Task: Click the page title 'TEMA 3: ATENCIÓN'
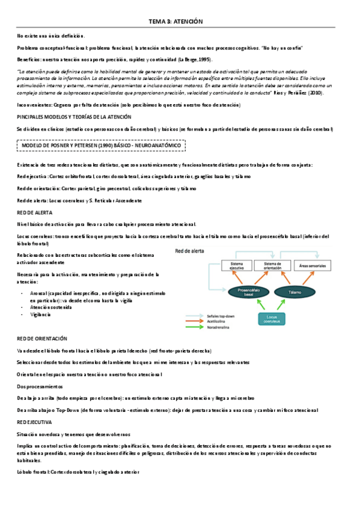176,21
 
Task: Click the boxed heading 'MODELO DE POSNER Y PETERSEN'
100,146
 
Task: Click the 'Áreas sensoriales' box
311,265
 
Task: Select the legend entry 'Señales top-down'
217,316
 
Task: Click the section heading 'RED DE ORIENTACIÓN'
42,339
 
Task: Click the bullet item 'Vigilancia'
40,315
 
